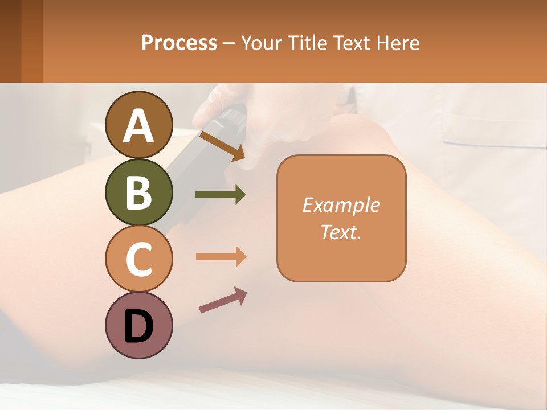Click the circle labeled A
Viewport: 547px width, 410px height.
[x=139, y=125]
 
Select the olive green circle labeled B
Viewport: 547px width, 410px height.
[x=139, y=191]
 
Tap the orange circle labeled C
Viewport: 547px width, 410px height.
[x=139, y=258]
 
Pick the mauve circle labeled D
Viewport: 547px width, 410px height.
[x=139, y=325]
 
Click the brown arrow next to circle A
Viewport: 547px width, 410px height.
[x=222, y=145]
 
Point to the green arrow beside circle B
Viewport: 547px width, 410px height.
[x=221, y=195]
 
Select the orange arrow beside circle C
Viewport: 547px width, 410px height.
[x=221, y=257]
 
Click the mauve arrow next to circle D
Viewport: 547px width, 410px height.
[x=223, y=300]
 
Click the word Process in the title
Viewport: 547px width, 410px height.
[x=179, y=43]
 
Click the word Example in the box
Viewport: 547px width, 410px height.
[x=341, y=205]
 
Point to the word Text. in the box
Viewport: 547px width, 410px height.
[x=341, y=232]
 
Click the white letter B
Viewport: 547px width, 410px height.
[x=139, y=192]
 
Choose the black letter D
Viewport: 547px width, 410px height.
[x=139, y=326]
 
